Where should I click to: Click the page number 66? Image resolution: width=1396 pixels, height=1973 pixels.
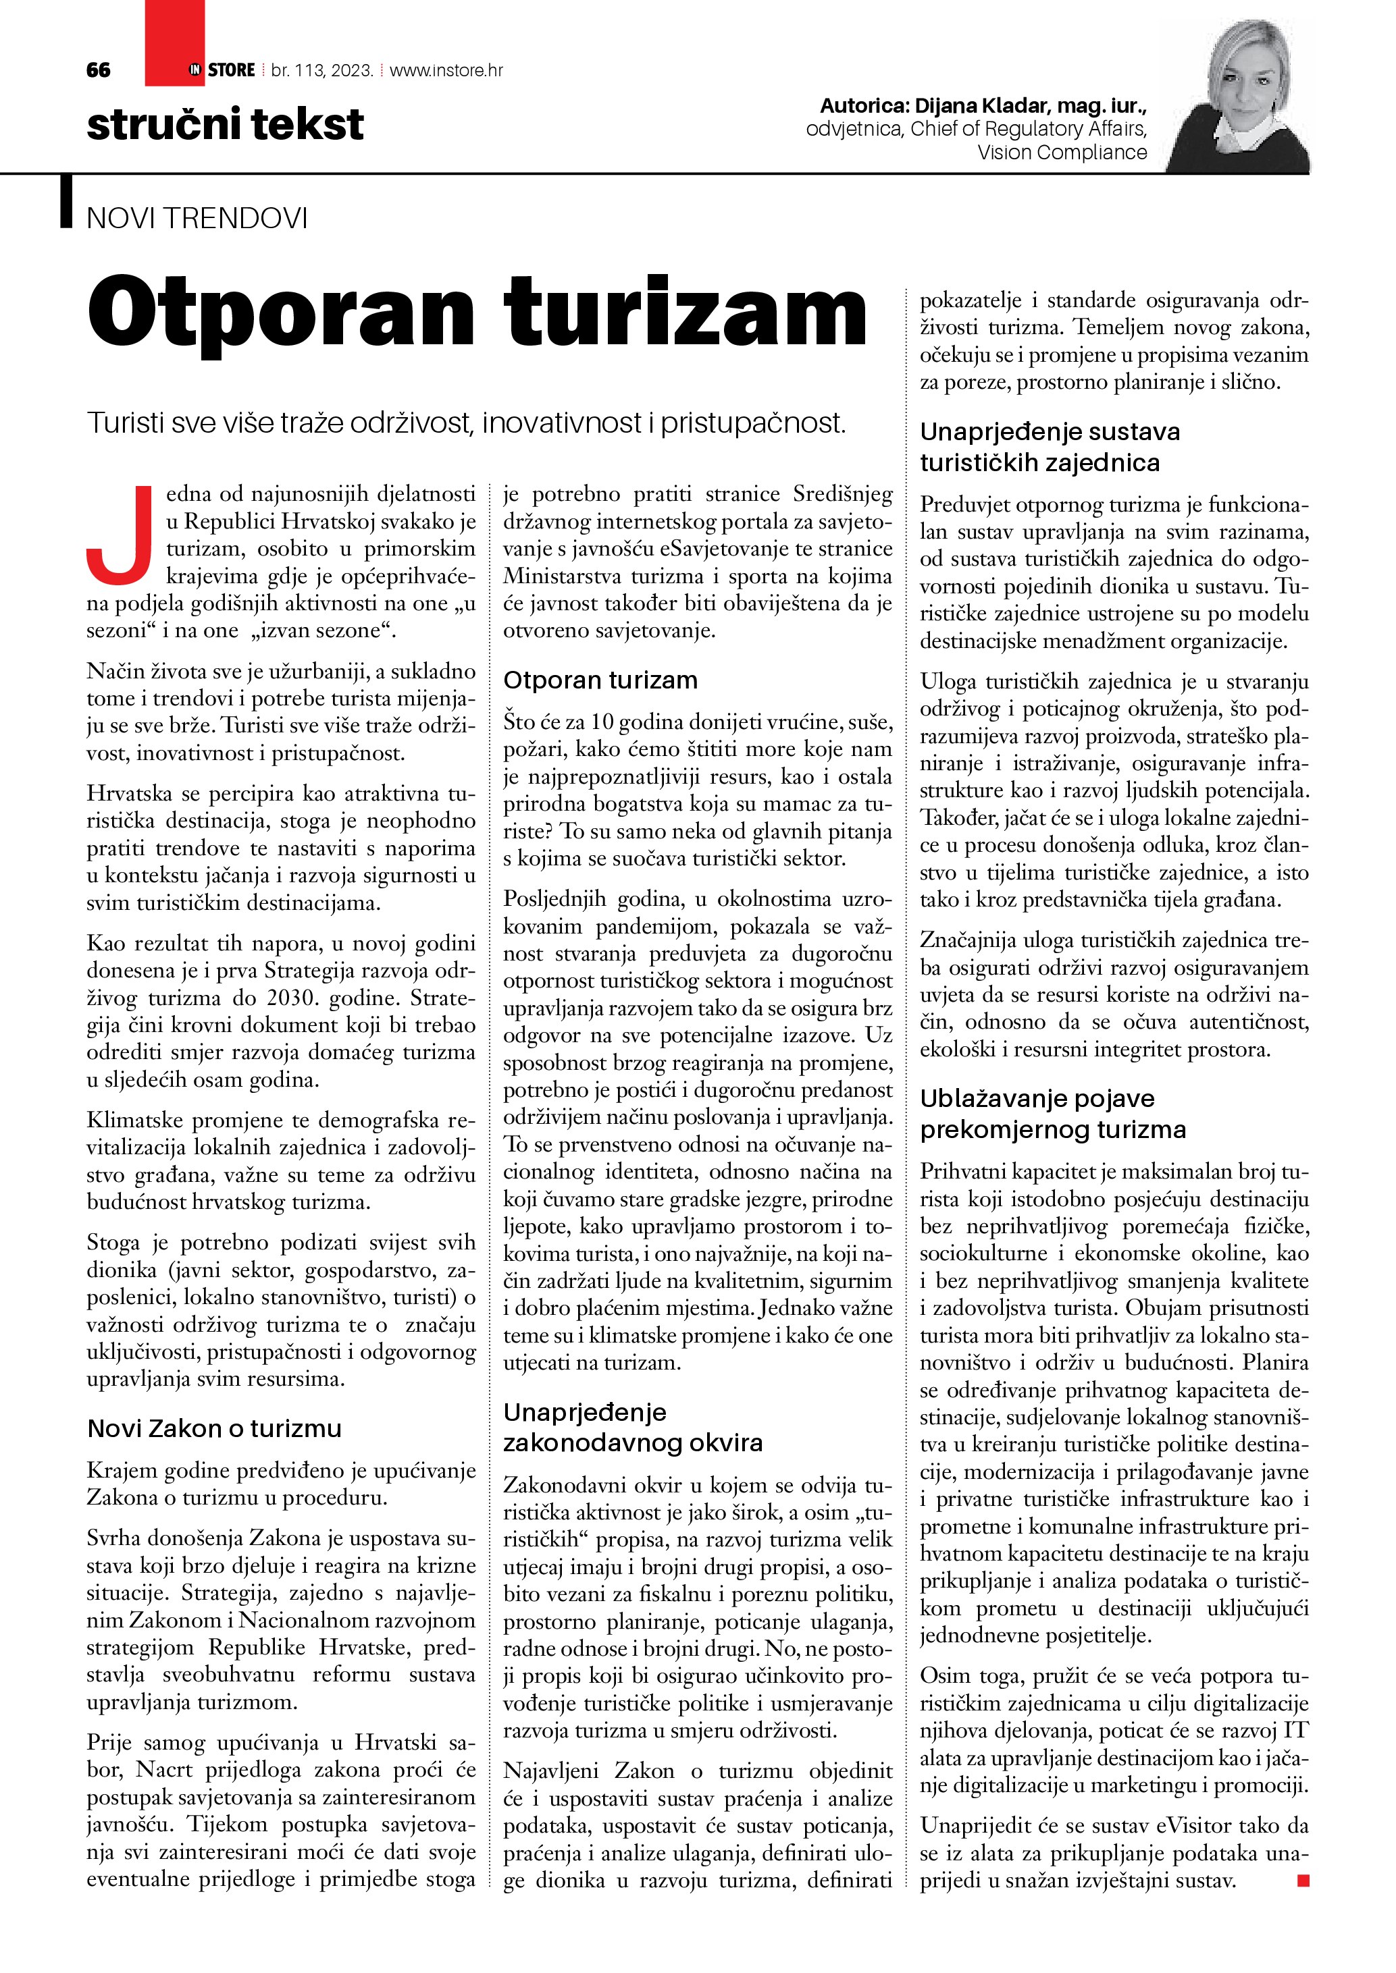[98, 70]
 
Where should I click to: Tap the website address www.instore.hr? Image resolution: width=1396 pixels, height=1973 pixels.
[446, 70]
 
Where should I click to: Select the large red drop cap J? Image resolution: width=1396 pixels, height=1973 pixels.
[120, 535]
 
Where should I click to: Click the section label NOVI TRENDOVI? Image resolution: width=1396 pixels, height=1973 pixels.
[197, 218]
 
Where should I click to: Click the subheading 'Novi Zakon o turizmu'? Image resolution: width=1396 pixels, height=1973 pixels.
[214, 1428]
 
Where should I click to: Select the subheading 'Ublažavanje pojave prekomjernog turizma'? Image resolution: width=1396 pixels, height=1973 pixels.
[1052, 1114]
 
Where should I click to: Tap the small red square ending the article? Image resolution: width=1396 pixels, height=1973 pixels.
[1303, 1881]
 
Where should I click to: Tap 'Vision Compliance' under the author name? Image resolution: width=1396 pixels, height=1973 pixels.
[1062, 152]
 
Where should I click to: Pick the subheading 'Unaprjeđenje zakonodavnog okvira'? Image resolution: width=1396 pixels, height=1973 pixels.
[633, 1428]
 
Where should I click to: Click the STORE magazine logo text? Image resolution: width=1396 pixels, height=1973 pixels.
[231, 70]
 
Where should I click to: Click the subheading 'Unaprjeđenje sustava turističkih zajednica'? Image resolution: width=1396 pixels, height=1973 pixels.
[1049, 447]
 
